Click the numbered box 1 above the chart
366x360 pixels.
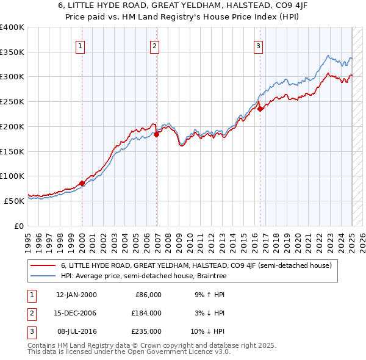(81, 45)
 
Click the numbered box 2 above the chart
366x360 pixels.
(155, 45)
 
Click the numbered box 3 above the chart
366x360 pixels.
(259, 45)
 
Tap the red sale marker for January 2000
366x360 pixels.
(82, 182)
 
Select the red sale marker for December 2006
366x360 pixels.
(157, 134)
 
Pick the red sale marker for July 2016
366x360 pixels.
(260, 109)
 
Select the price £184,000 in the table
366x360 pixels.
(146, 313)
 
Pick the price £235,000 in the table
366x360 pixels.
(146, 331)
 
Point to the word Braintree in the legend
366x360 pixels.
(210, 276)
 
